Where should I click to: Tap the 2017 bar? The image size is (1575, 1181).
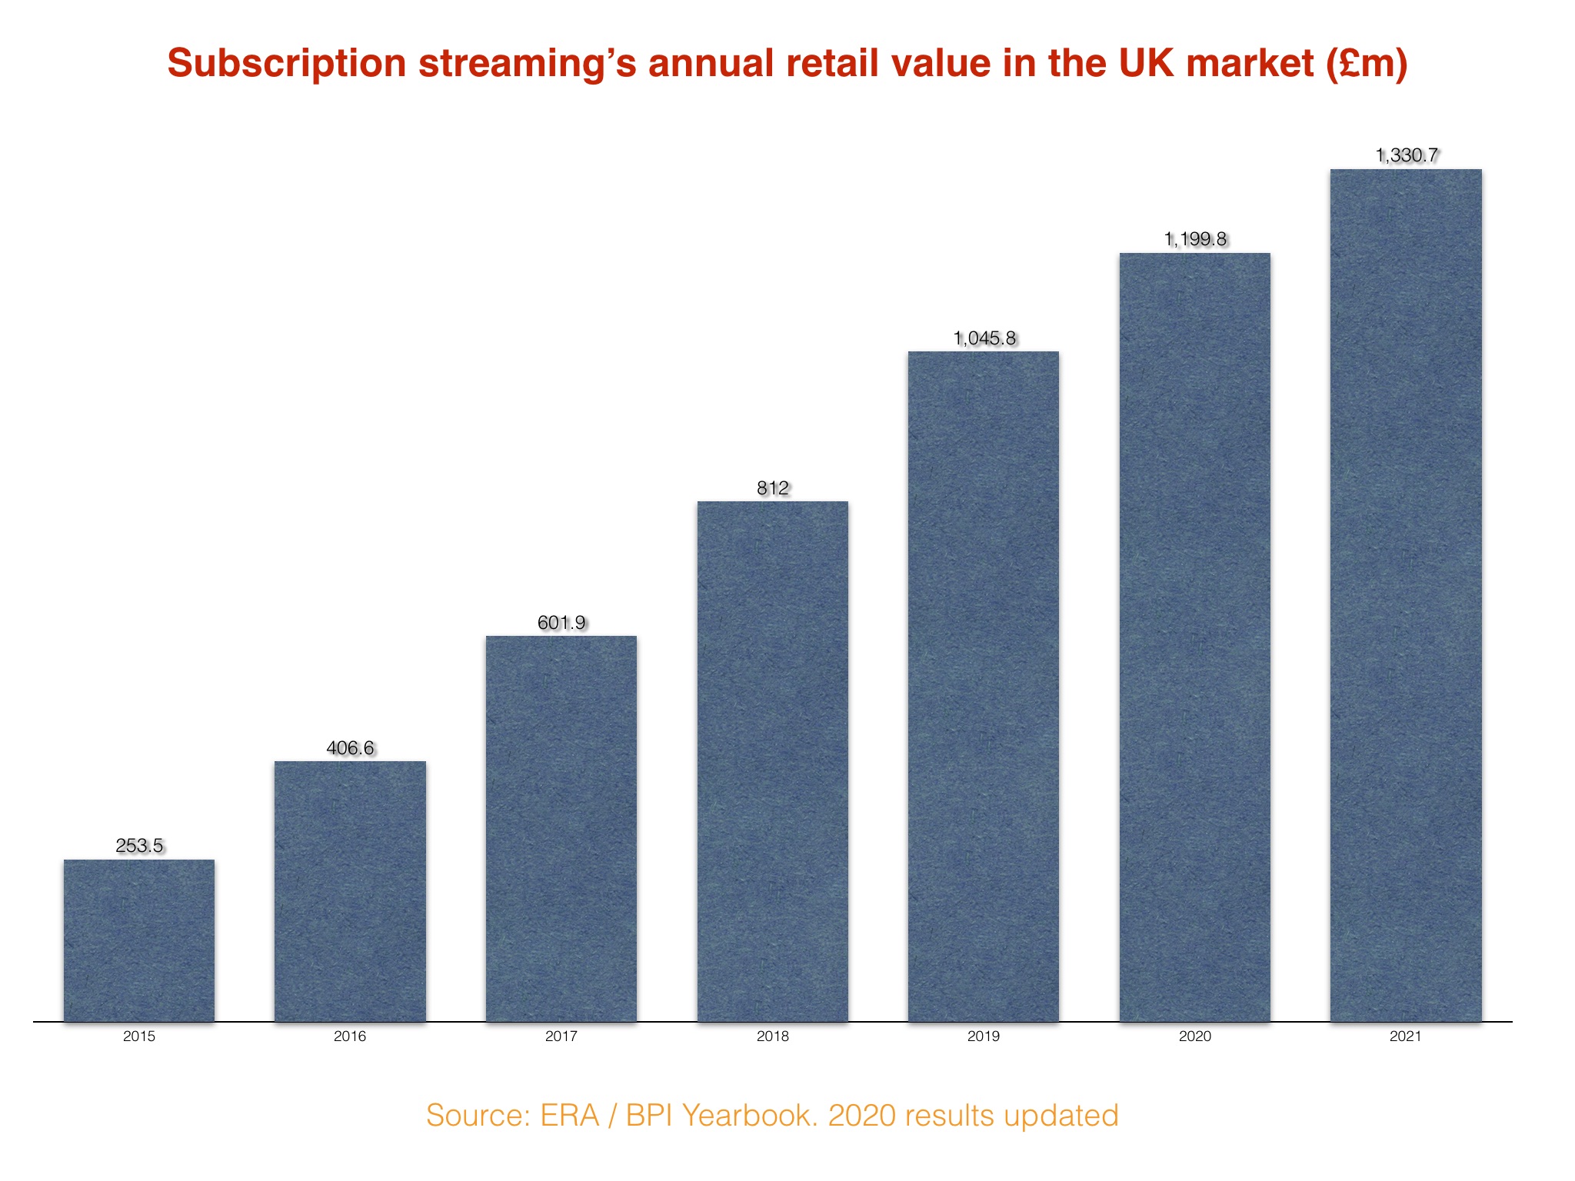(x=561, y=828)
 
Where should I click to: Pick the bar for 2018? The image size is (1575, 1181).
(x=772, y=761)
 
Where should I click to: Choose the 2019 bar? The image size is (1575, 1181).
(x=984, y=686)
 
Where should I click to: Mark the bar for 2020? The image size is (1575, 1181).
(x=1194, y=637)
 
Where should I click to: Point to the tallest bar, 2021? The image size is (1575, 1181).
(x=1406, y=594)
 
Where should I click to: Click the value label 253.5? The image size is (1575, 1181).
(x=139, y=846)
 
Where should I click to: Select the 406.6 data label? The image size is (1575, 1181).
(x=350, y=748)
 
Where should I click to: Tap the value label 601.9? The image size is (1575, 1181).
(x=561, y=622)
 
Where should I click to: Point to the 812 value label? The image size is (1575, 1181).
(x=772, y=488)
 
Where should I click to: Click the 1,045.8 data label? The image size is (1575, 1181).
(x=984, y=338)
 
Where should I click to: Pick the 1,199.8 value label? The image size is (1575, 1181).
(x=1194, y=239)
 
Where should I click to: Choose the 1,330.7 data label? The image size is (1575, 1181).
(x=1406, y=155)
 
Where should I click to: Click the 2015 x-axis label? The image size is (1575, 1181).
(x=139, y=1036)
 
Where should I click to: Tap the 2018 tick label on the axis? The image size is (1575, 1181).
(x=772, y=1036)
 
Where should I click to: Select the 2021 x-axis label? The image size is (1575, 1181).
(x=1406, y=1036)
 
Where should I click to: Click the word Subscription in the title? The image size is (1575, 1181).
(x=287, y=64)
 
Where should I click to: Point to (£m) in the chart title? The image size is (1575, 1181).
(x=1367, y=64)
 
